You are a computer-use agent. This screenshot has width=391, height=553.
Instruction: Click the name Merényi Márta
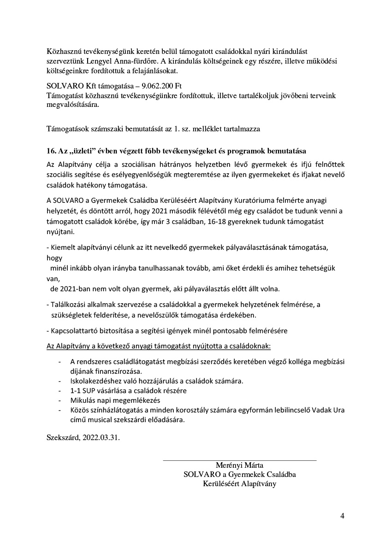[239, 465]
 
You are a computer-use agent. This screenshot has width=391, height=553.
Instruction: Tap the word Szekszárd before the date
[63, 438]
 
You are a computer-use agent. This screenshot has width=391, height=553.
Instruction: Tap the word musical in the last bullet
[99, 420]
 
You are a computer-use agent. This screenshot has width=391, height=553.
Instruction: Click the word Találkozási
[68, 305]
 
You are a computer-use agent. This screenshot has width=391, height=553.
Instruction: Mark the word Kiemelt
[63, 247]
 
